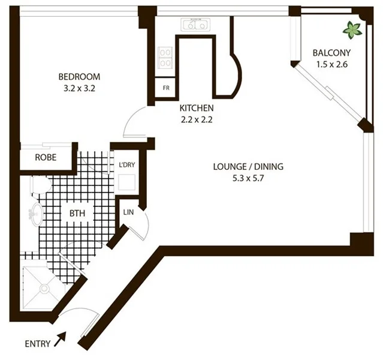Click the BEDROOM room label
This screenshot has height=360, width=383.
coord(79,77)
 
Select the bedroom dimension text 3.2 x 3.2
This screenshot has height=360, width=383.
coord(79,88)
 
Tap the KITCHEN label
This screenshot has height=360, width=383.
coord(197,108)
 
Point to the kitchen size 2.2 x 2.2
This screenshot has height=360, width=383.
coord(197,119)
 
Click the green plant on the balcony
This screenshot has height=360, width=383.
coord(352,28)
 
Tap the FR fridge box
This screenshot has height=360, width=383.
coord(166,88)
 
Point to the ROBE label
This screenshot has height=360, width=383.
coord(46,158)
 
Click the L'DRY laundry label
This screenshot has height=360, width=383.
coord(126,164)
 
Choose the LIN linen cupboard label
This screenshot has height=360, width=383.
coord(128,212)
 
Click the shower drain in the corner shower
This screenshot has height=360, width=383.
coord(44,289)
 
